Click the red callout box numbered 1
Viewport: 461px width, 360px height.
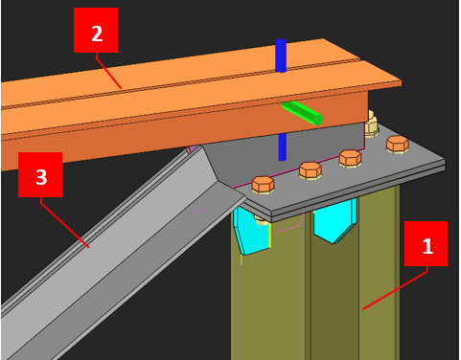coord(426,243)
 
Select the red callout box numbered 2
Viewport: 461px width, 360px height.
coord(96,31)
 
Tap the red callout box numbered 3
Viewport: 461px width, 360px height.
coord(40,174)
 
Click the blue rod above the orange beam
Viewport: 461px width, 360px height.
coord(281,56)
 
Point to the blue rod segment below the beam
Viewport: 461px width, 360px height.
coord(282,146)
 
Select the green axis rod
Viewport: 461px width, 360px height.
coord(302,113)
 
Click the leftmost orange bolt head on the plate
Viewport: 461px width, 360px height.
coord(263,185)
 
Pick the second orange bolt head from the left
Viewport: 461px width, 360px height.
coord(310,170)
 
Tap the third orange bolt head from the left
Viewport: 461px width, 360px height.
coord(350,158)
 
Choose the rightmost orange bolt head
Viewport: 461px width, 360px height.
coord(398,145)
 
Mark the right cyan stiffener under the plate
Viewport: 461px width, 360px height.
coord(334,221)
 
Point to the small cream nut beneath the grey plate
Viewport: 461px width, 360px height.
coord(262,220)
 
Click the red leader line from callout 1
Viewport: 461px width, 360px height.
coord(395,290)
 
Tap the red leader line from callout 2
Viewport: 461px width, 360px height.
coord(108,71)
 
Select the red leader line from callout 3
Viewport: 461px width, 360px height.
coord(65,222)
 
